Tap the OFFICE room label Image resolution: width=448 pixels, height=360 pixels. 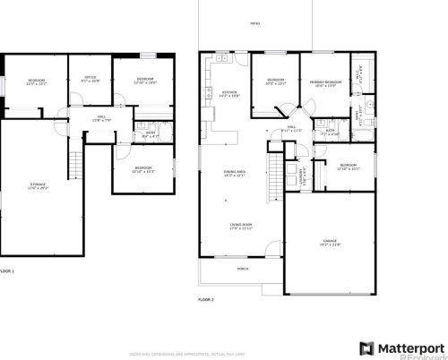90,78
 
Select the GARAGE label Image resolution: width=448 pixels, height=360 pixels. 330,241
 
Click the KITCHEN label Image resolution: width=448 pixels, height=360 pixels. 229,93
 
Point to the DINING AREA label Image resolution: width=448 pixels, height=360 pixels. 235,173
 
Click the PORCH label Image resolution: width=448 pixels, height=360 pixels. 243,267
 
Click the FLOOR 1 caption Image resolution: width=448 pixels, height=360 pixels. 7,270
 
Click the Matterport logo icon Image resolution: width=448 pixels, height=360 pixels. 366,347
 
